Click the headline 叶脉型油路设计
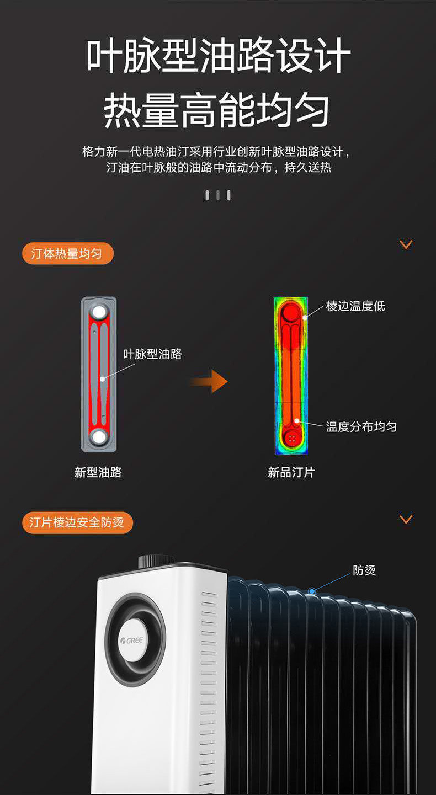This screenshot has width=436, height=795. [x=218, y=56]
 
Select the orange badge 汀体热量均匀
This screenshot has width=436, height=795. [x=68, y=253]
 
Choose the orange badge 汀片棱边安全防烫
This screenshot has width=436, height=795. [x=77, y=522]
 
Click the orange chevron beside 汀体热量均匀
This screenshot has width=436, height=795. [x=406, y=244]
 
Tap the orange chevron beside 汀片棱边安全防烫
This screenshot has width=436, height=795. [x=406, y=519]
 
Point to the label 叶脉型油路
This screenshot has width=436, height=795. [x=152, y=354]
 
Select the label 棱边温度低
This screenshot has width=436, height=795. [x=355, y=306]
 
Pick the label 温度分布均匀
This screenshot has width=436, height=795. [x=361, y=426]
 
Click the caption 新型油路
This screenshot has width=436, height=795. [x=98, y=472]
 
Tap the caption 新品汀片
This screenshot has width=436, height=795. [x=291, y=472]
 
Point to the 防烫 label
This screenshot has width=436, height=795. [x=364, y=570]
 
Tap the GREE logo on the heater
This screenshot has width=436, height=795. [x=132, y=641]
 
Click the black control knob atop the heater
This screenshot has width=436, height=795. [x=156, y=561]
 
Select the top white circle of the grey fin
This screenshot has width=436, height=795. [x=99, y=312]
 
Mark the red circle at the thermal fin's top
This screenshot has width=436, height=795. [x=291, y=313]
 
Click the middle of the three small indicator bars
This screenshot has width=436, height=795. [x=218, y=195]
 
